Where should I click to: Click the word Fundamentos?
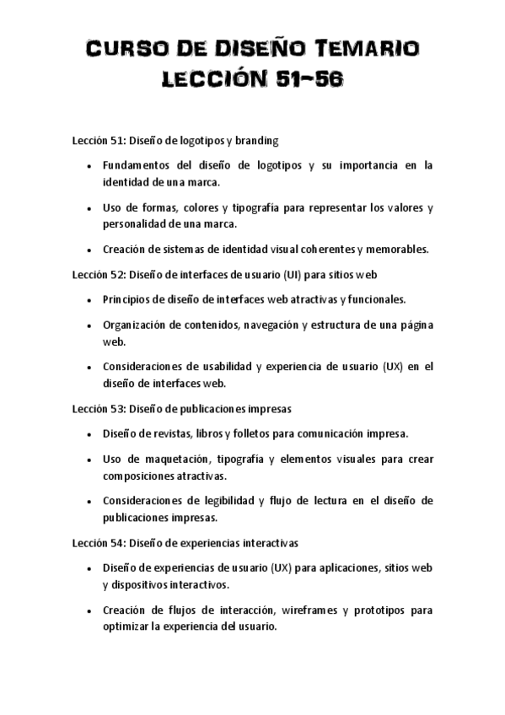click(138, 166)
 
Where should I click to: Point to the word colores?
click(200, 207)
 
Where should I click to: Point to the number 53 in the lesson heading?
click(116, 409)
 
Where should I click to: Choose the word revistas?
click(168, 433)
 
